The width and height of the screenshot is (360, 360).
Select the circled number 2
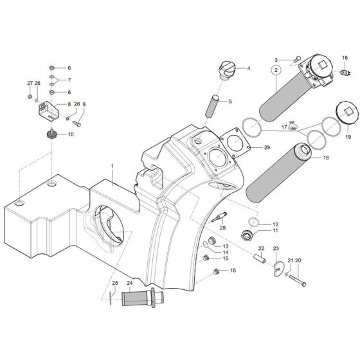click(x=275, y=69)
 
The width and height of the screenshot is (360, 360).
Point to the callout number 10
click(x=71, y=134)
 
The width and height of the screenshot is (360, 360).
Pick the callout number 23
click(x=276, y=248)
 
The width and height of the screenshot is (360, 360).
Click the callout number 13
click(x=225, y=246)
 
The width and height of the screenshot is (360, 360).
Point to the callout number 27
click(x=30, y=84)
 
